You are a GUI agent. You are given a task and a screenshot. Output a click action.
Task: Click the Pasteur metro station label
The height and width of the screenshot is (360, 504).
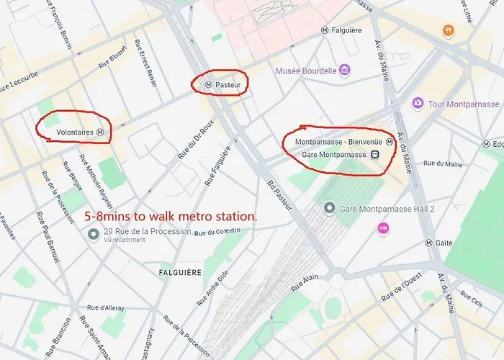(228, 84)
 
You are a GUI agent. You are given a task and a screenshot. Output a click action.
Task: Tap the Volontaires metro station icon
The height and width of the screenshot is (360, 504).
(101, 132)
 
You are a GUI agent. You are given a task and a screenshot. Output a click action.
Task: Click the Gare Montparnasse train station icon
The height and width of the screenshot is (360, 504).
(376, 155)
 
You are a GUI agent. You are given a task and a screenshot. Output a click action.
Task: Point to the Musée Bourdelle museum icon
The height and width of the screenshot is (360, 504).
(345, 71)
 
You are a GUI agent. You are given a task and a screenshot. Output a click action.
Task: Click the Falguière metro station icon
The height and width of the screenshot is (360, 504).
(325, 31)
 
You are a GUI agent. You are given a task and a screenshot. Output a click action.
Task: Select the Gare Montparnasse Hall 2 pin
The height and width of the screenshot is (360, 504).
(329, 208)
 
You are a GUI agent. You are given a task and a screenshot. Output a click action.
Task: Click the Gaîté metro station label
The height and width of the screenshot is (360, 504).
(444, 243)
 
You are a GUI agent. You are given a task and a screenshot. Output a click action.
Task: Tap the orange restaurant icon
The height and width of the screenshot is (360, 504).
(449, 30)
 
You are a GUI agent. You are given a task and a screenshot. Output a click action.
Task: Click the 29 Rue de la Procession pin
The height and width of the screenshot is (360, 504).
(93, 234)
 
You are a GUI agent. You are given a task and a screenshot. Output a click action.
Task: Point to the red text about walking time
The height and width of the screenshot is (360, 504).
(170, 216)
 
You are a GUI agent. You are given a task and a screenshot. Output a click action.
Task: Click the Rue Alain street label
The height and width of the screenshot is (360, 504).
(304, 282)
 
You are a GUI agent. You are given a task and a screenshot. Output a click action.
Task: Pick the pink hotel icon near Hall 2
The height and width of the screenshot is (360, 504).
(383, 228)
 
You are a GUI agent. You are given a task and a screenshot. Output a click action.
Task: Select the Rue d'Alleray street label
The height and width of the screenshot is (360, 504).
(105, 308)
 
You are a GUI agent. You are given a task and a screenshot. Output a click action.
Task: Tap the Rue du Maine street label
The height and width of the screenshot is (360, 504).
(444, 164)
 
